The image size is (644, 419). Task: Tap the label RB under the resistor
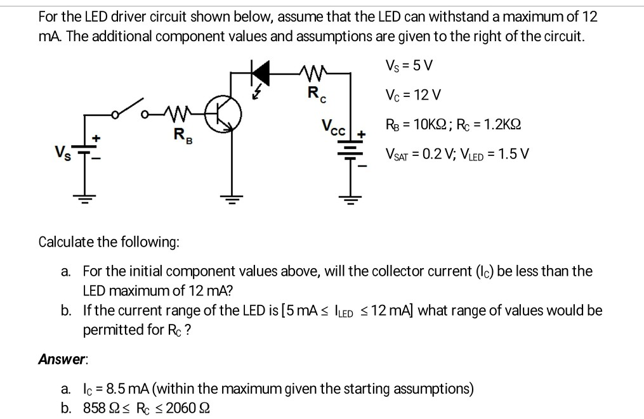pos(182,134)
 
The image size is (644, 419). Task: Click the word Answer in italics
pos(62,359)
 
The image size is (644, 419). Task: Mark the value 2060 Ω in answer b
pos(180,407)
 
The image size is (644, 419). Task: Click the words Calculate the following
pos(109,242)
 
